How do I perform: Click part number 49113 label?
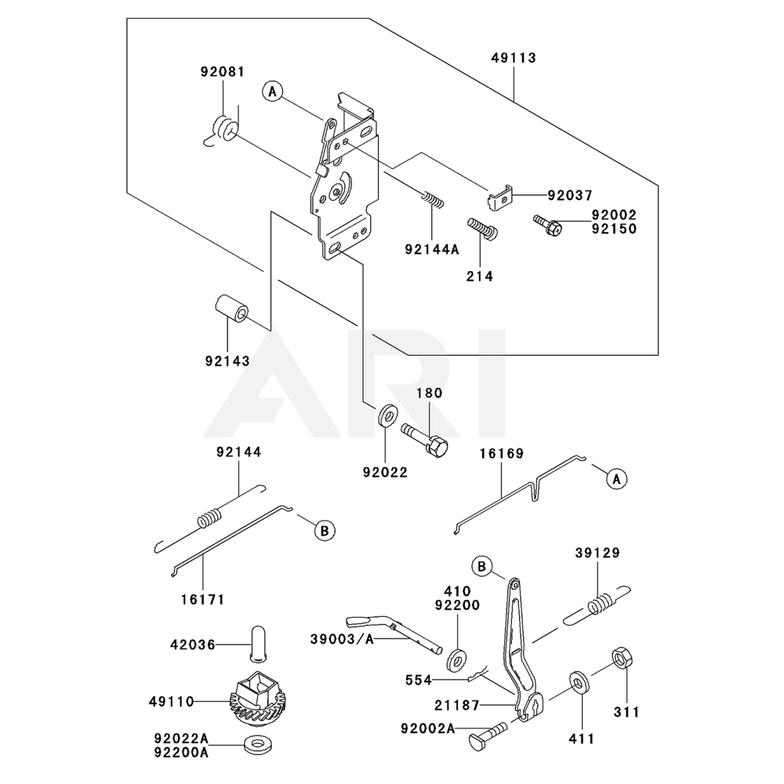[514, 58]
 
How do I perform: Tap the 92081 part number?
[221, 71]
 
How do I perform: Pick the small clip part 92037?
[498, 197]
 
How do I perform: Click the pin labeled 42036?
[257, 644]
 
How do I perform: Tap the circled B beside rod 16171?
[322, 531]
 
